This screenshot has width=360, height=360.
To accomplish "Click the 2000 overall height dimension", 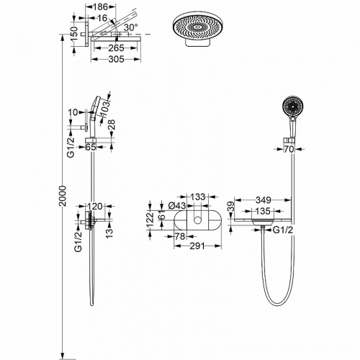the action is (63, 196).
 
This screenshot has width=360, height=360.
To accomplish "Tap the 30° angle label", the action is (131, 27).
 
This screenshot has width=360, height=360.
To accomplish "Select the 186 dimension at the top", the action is (100, 7).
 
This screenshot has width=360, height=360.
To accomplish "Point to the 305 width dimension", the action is (116, 59).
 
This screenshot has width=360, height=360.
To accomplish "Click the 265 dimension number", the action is (116, 48).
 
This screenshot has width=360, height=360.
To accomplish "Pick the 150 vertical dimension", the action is (75, 33).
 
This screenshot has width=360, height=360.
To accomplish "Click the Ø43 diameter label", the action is (177, 206).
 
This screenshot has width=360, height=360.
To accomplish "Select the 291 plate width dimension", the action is (197, 246).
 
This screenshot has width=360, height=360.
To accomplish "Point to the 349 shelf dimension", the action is (264, 199).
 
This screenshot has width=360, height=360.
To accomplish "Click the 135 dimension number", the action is (263, 211).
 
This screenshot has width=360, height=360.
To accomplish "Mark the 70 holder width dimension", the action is (289, 149).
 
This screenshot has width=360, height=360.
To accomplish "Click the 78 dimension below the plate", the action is (180, 237).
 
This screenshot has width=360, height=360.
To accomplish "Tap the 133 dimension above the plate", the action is (198, 197).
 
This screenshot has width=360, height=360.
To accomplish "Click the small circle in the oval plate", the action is (197, 220).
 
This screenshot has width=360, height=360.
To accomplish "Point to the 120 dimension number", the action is (95, 206).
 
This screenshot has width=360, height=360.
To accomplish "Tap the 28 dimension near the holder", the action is (112, 125).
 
